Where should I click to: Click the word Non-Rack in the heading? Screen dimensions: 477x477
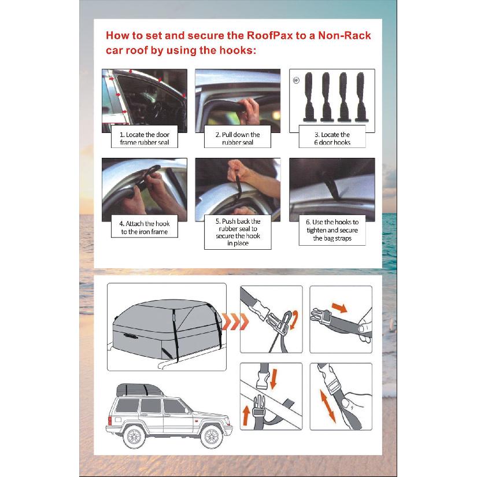pyautogui.click(x=345, y=36)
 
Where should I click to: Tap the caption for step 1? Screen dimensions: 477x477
pyautogui.click(x=145, y=138)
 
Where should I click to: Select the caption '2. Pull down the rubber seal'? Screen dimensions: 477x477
pyautogui.click(x=238, y=138)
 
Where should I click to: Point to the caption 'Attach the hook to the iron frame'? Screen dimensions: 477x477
pyautogui.click(x=145, y=228)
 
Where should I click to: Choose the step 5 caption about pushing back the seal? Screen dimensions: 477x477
pyautogui.click(x=238, y=232)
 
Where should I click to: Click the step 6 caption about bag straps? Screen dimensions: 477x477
pyautogui.click(x=332, y=230)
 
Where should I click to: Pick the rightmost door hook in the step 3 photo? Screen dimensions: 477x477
pyautogui.click(x=361, y=97)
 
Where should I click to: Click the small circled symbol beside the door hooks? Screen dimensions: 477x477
pyautogui.click(x=296, y=80)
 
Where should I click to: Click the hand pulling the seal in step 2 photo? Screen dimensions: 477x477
pyautogui.click(x=249, y=111)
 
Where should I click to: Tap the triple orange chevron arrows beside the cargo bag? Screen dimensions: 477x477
pyautogui.click(x=235, y=321)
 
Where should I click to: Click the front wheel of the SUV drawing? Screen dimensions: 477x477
pyautogui.click(x=212, y=437)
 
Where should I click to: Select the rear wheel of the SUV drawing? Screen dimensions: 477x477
pyautogui.click(x=134, y=437)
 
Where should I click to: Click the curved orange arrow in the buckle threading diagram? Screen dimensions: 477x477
pyautogui.click(x=294, y=320)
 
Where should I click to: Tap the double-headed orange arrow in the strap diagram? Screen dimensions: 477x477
pyautogui.click(x=328, y=406)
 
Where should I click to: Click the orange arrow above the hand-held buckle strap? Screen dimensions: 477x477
pyautogui.click(x=339, y=307)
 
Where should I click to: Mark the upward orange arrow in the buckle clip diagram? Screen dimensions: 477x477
pyautogui.click(x=246, y=416)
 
